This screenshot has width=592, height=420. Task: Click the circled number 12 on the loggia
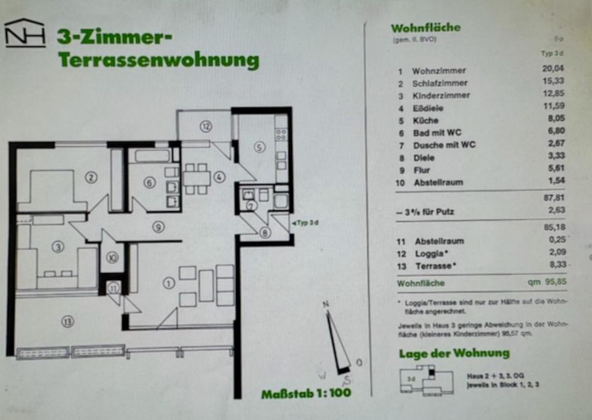pos(205,126)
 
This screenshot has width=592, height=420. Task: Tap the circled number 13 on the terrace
pos(67,321)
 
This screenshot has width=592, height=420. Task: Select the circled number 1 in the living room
pos(168,283)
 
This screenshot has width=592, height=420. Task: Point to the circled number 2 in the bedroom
pos(91,178)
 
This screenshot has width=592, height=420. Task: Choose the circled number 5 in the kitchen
pos(259,147)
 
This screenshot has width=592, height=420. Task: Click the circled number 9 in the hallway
pos(158,227)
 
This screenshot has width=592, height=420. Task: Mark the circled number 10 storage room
pos(112,258)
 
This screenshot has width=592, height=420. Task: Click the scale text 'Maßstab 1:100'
pos(306,392)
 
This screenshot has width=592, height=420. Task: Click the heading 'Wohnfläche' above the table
pos(425,28)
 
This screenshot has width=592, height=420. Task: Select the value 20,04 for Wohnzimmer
pos(553,69)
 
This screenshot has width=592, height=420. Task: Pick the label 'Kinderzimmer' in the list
pos(441,96)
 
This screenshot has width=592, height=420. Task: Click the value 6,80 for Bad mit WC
pos(555,132)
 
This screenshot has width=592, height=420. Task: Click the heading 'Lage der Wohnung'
pos(454,353)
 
